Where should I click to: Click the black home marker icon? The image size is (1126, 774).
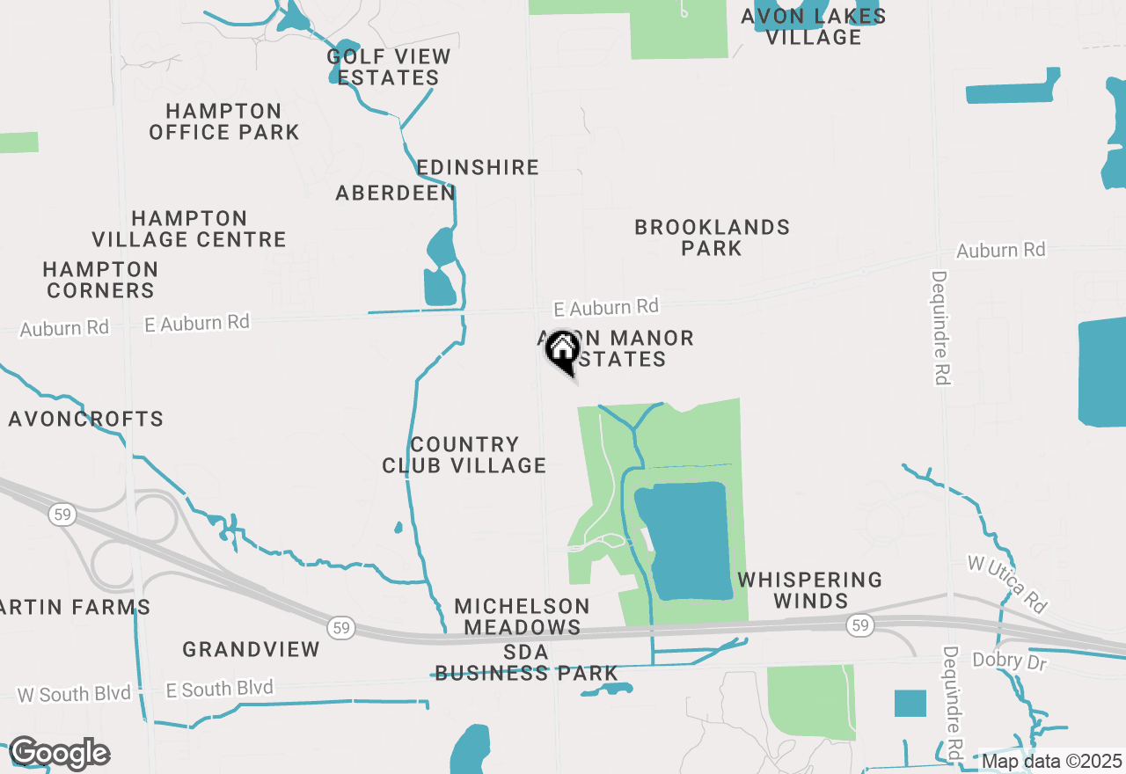(x=562, y=352)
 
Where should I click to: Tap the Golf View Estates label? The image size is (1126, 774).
(x=388, y=67)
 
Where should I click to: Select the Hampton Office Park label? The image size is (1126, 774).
(x=223, y=121)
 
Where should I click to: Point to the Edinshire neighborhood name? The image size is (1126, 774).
(x=478, y=167)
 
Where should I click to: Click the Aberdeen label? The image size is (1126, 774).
(x=396, y=193)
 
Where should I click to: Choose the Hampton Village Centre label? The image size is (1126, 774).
(x=189, y=229)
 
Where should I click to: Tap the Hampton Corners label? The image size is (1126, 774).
(x=100, y=280)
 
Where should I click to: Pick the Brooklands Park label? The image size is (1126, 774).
(x=712, y=237)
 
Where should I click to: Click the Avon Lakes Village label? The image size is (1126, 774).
(x=813, y=26)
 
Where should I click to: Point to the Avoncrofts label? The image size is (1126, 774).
(x=86, y=419)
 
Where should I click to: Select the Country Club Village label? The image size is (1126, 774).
(x=464, y=455)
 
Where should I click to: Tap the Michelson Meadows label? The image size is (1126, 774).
(x=523, y=617)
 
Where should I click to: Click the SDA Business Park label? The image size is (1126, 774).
(x=526, y=663)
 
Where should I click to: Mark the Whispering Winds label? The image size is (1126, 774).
(x=810, y=590)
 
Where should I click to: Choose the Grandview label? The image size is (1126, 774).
(x=252, y=650)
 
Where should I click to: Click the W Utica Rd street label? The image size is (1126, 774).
(x=1007, y=583)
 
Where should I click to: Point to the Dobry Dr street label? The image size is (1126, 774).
(x=1010, y=661)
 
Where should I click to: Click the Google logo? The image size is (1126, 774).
(x=59, y=754)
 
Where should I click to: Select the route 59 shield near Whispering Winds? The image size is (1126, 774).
(x=859, y=625)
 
